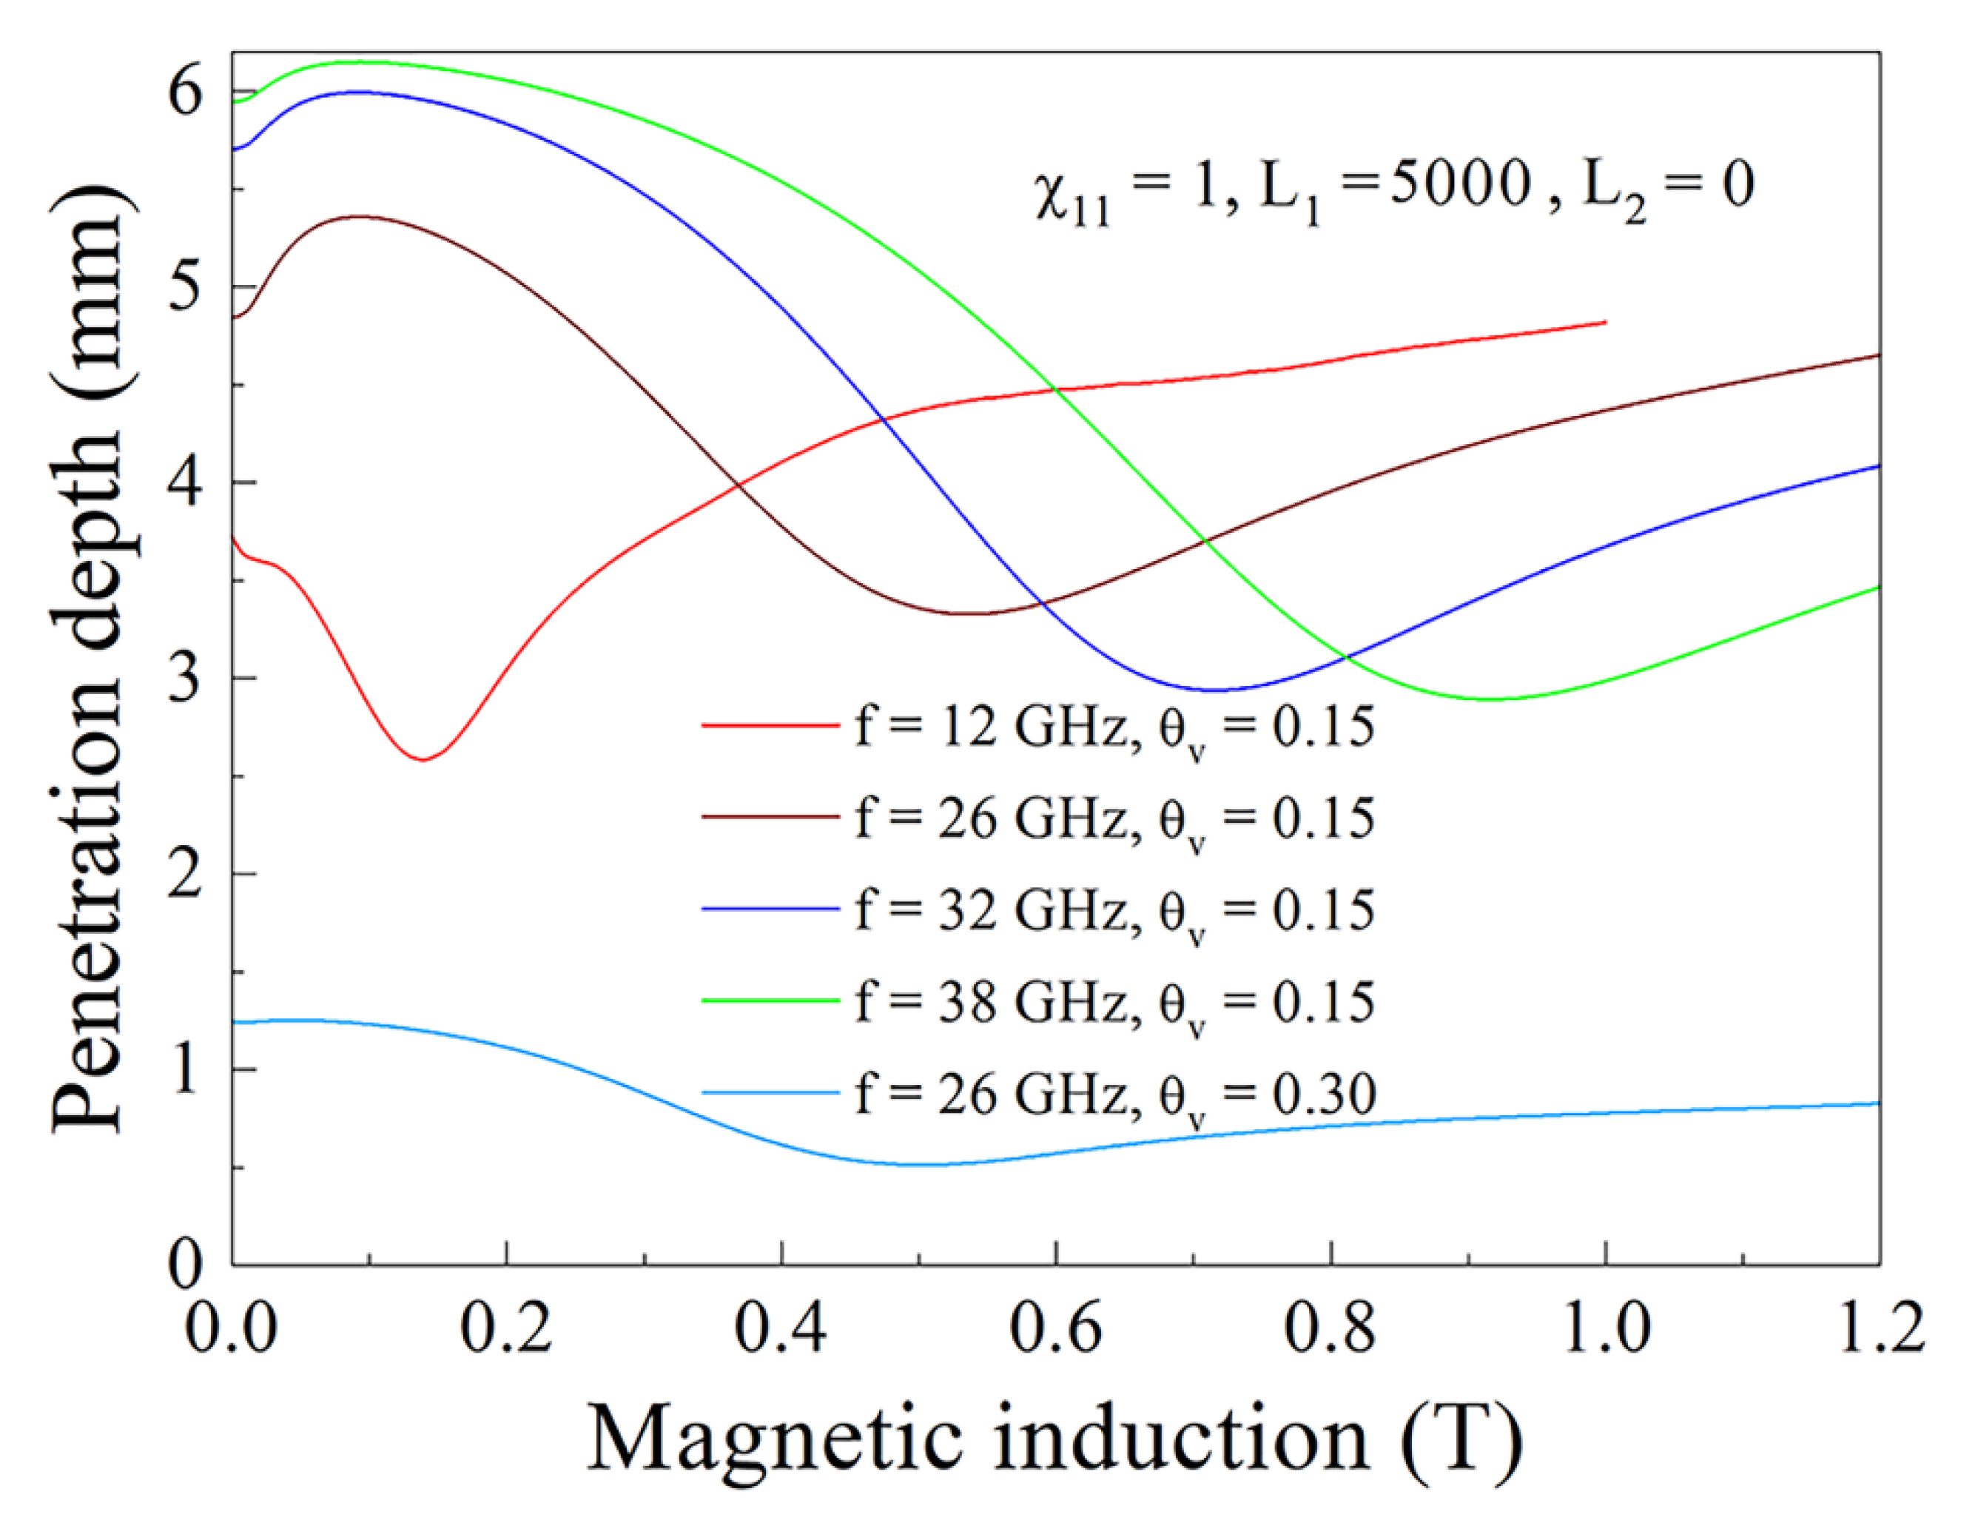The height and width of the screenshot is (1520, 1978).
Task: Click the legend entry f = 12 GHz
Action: (x=1113, y=727)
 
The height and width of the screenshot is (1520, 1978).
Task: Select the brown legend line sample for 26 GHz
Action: (x=769, y=817)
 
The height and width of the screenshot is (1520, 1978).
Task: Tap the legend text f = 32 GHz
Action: (x=1113, y=909)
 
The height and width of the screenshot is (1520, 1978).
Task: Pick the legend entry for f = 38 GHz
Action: (x=1113, y=1001)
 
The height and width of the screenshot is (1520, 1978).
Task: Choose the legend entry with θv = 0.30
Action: (x=1113, y=1094)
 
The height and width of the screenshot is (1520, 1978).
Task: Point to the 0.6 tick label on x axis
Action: (x=1055, y=1328)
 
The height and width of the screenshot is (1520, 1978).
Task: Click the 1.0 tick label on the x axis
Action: (x=1605, y=1328)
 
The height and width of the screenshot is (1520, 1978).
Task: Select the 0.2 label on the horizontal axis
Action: (x=506, y=1328)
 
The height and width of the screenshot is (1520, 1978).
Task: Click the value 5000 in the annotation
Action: (x=1459, y=184)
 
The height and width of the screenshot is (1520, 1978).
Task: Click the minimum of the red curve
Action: (x=423, y=759)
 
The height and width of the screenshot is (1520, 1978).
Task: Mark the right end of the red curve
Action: (x=1604, y=322)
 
